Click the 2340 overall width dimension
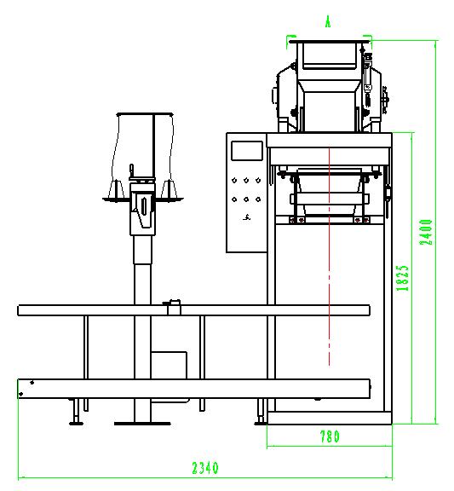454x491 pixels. pyautogui.click(x=205, y=468)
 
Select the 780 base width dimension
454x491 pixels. pyautogui.click(x=330, y=436)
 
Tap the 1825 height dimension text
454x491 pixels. pyautogui.click(x=402, y=278)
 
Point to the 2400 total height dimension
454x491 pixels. pyautogui.click(x=426, y=232)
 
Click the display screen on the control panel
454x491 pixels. pyautogui.click(x=247, y=151)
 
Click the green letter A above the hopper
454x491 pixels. pyautogui.click(x=328, y=22)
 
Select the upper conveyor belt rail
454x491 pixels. pyautogui.click(x=193, y=310)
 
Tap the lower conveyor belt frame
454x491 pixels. pyautogui.click(x=193, y=389)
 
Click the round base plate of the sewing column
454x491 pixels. pyautogui.click(x=142, y=424)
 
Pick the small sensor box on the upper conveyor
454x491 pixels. pyautogui.click(x=173, y=307)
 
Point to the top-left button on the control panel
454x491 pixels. pyautogui.click(x=234, y=181)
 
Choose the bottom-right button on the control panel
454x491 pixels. pyautogui.click(x=258, y=199)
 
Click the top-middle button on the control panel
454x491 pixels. pyautogui.click(x=246, y=181)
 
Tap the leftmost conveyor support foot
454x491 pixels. pyautogui.click(x=76, y=412)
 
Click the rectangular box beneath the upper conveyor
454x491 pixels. pyautogui.click(x=169, y=365)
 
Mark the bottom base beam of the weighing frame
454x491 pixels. pyautogui.click(x=330, y=418)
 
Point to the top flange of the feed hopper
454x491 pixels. pyautogui.click(x=330, y=41)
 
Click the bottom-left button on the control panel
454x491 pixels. pyautogui.click(x=234, y=199)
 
